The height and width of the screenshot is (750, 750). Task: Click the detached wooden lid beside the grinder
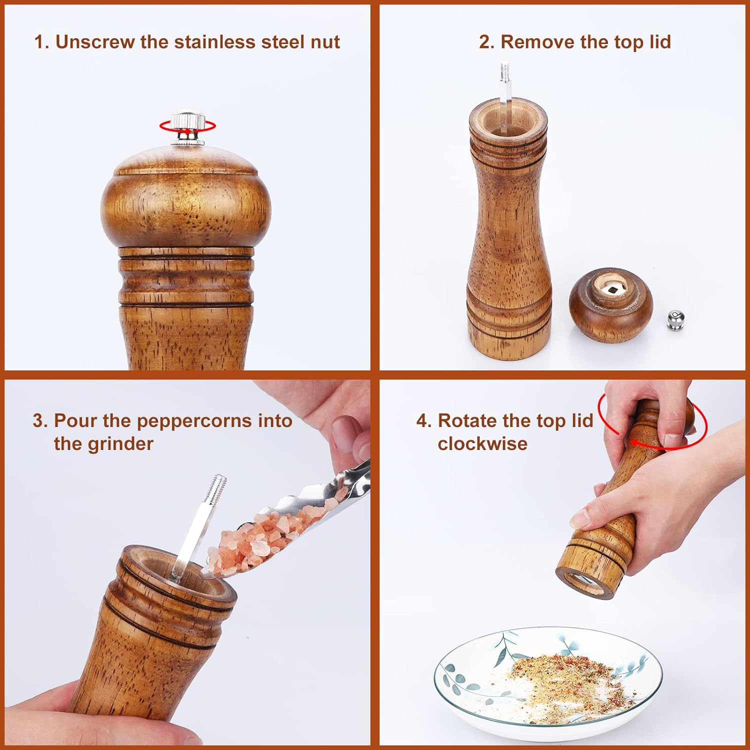(610, 305)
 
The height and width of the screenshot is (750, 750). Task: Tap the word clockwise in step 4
(482, 443)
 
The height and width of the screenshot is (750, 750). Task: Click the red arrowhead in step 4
(634, 442)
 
